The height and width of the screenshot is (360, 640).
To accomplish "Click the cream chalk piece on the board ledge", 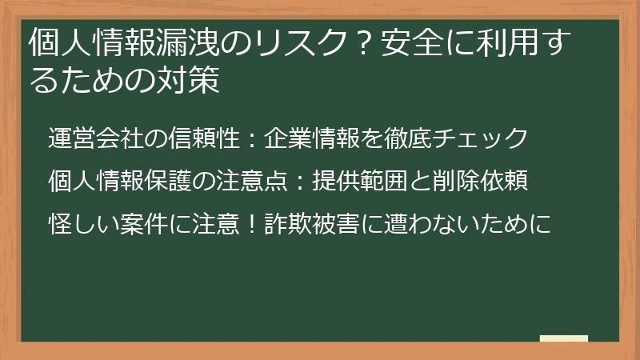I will click(x=563, y=338).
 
